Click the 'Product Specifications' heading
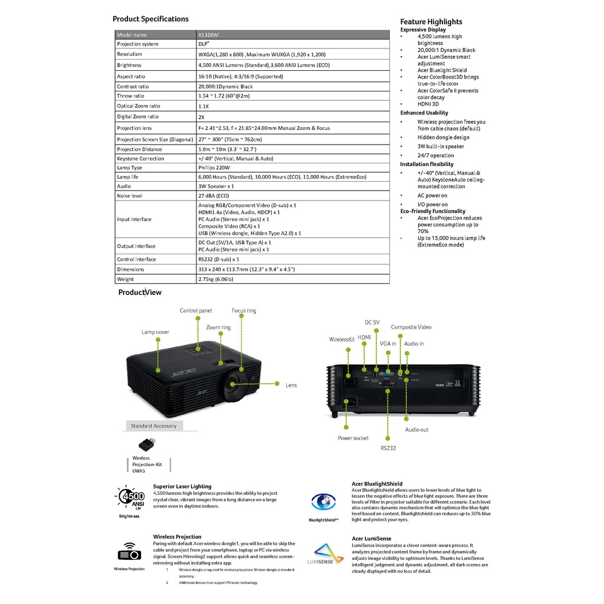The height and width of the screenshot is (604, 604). click(x=150, y=19)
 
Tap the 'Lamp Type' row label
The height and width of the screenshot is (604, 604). click(x=129, y=168)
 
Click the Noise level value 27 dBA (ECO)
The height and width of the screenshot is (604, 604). click(x=214, y=195)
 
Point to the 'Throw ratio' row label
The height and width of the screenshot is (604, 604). click(x=130, y=96)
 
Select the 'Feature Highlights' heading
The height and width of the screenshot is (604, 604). click(x=431, y=22)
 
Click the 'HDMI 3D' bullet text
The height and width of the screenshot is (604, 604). click(x=428, y=104)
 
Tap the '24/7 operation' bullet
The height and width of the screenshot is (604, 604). click(x=436, y=156)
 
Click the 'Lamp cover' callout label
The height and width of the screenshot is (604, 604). click(x=155, y=332)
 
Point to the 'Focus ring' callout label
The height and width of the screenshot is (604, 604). click(x=244, y=311)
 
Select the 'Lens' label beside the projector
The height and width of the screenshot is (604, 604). click(x=291, y=385)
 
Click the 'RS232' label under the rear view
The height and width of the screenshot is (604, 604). click(x=388, y=448)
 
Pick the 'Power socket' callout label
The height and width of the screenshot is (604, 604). click(x=353, y=438)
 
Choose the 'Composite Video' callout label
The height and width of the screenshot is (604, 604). click(x=411, y=327)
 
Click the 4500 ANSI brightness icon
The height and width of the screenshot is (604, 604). click(x=130, y=498)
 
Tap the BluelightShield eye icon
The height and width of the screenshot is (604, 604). click(x=323, y=502)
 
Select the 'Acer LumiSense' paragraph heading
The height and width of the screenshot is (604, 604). click(x=371, y=539)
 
